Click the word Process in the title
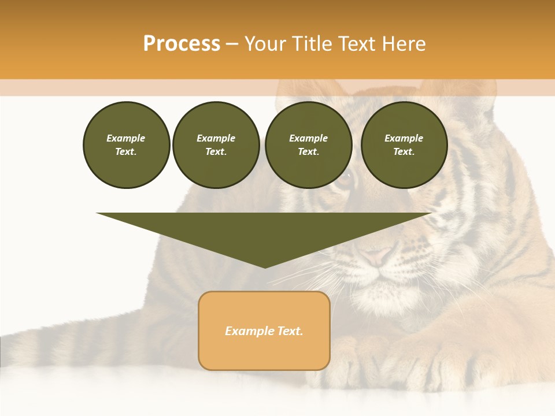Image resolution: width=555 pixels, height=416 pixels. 182,44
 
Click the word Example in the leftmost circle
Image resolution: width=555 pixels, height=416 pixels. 125,138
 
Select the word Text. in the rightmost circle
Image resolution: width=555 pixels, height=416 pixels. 404,151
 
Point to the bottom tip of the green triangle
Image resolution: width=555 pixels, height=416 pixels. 265,266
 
